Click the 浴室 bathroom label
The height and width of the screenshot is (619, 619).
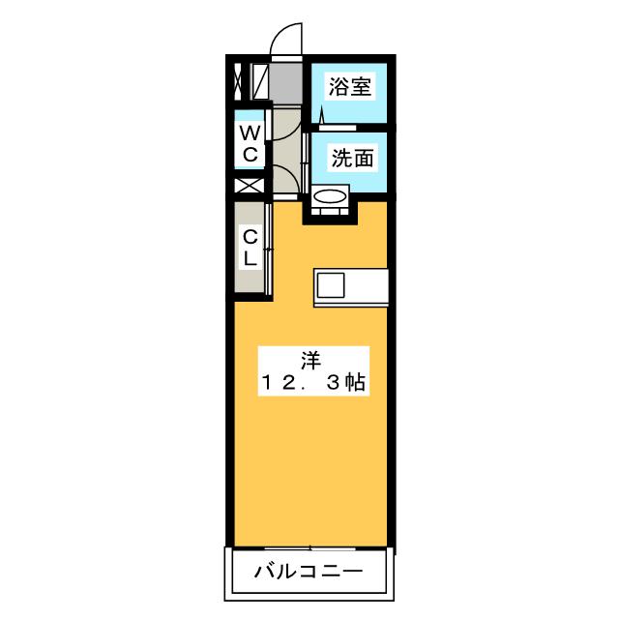[x=349, y=85]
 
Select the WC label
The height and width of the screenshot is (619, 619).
[x=250, y=143]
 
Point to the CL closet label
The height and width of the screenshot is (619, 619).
[x=250, y=247]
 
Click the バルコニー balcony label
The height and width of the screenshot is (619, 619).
[x=309, y=572]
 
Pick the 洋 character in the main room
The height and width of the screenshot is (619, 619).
[x=309, y=361]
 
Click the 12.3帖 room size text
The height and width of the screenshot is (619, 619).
[x=311, y=383]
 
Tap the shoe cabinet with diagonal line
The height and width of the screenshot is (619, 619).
[x=260, y=80]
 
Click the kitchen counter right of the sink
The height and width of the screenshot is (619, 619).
[x=367, y=285]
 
